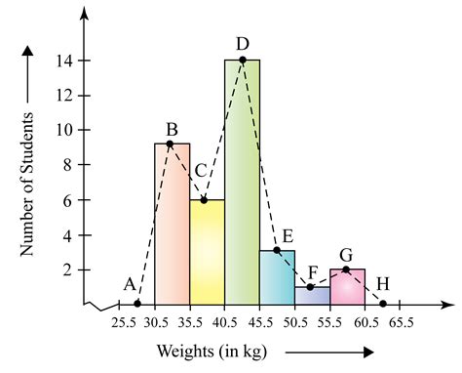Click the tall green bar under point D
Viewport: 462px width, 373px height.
click(x=242, y=186)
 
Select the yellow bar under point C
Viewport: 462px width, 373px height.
click(x=207, y=254)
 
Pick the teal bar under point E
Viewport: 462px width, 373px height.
click(x=277, y=277)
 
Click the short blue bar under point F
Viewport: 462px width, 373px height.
click(x=312, y=295)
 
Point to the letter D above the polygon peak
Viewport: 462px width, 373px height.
click(x=243, y=43)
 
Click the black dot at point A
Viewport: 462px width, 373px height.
click(x=136, y=304)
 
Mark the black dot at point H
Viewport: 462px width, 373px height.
click(x=383, y=304)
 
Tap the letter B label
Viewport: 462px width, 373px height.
click(x=172, y=127)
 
